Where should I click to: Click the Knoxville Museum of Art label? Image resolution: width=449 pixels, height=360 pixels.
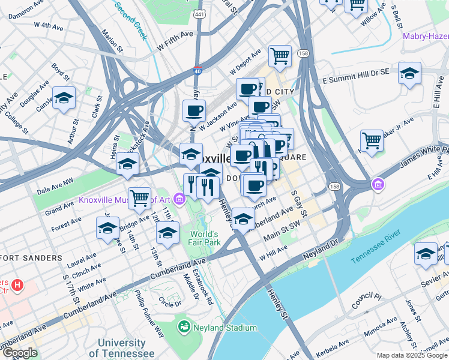123,199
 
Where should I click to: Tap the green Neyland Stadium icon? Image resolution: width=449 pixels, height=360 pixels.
184,328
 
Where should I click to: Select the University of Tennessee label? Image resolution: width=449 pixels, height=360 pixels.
122,348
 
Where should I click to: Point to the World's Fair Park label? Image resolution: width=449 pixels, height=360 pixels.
206,238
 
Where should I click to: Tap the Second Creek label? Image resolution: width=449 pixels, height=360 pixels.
131,20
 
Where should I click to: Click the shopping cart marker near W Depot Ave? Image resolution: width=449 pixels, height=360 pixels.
280,56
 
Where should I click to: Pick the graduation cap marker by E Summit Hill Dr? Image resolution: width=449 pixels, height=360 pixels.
409,73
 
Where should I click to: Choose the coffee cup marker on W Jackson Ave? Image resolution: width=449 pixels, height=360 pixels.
194,110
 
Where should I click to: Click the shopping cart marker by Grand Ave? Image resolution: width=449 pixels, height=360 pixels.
139,197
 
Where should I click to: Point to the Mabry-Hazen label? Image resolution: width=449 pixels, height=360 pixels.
426,36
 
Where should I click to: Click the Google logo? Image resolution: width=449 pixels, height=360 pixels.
19,353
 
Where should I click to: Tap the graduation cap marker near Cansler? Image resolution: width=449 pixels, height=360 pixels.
64,98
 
